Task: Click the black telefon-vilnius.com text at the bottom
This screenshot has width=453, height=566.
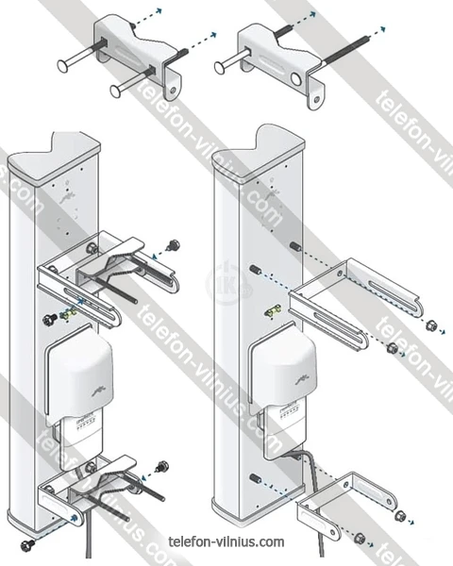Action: (226, 541)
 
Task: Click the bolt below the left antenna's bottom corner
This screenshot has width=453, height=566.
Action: (27, 544)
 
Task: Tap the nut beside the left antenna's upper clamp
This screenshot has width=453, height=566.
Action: (174, 245)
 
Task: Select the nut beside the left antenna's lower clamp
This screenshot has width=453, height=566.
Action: (162, 466)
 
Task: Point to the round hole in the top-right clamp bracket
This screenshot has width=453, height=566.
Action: (296, 79)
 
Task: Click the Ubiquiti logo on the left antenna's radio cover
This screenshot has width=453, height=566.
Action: (99, 391)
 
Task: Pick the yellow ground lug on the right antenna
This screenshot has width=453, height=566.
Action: (273, 311)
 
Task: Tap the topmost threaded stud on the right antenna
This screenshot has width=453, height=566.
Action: (295, 246)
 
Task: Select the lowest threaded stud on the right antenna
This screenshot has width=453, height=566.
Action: (255, 478)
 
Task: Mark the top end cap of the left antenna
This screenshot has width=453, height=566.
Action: (54, 157)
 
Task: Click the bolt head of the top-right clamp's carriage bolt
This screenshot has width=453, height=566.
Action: (219, 68)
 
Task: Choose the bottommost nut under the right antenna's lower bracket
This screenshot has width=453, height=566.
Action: (360, 539)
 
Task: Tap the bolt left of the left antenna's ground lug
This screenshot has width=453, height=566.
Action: (48, 320)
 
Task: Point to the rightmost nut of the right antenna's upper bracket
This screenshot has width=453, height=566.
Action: (430, 325)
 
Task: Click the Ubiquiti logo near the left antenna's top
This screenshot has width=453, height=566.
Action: (68, 197)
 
